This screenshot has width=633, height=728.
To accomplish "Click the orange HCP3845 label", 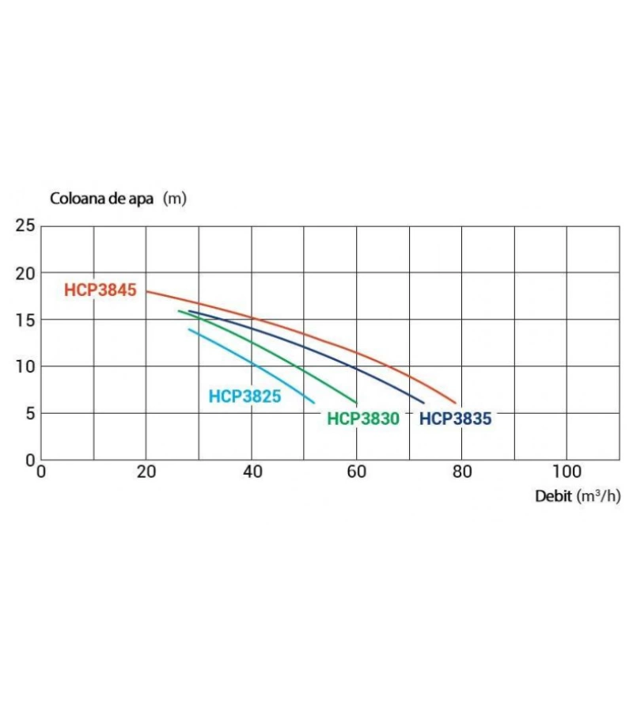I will click(100, 290).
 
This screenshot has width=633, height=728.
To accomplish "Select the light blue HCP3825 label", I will click(244, 397).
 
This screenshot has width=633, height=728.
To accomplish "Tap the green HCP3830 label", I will click(363, 419).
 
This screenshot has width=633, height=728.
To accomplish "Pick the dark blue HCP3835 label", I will click(456, 419).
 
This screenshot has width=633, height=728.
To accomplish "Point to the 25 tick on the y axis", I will click(26, 226).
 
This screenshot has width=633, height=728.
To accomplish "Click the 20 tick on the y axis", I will click(26, 273).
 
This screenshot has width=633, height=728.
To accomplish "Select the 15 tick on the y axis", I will click(26, 320).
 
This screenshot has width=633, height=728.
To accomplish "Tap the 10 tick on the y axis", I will click(26, 366).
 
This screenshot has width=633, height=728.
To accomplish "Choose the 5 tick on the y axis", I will click(30, 413).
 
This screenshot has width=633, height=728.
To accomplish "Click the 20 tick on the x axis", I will click(146, 472).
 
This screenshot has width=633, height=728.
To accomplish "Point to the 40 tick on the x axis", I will click(252, 472).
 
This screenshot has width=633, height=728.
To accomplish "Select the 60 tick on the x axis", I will click(357, 472).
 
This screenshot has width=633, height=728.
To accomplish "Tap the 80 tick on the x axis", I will click(462, 472).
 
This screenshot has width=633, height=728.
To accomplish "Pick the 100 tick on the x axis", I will click(567, 472).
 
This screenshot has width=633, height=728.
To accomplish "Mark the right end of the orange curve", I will click(457, 404).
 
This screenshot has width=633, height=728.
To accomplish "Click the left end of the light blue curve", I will click(188, 329).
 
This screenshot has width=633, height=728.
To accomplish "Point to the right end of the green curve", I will click(357, 403).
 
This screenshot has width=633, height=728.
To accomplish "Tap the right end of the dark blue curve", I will click(424, 403).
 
